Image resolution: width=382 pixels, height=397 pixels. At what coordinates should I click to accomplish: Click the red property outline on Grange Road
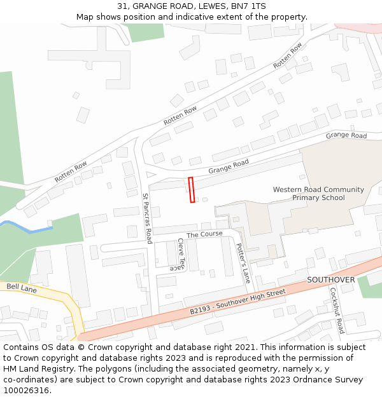point(192,190)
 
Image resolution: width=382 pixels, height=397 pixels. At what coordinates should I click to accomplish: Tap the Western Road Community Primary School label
point(318,194)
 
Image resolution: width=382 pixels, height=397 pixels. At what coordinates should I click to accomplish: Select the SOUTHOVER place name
point(331,279)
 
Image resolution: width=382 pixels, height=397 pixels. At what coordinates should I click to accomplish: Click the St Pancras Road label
point(147,219)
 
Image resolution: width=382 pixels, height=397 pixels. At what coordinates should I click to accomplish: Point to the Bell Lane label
point(21,288)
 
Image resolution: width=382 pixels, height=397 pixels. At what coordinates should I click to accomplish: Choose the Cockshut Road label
point(336,311)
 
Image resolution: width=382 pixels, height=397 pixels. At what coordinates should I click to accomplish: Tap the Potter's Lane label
point(243,262)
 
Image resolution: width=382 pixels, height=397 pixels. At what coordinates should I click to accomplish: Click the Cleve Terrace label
point(181,255)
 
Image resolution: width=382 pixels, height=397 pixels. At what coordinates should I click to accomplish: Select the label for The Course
point(204,234)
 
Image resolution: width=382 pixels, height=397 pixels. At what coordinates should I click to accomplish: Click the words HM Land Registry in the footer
point(36,368)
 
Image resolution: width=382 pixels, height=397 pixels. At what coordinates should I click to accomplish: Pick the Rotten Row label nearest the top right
point(288,57)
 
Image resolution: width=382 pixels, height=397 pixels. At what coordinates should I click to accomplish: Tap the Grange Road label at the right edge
point(346,136)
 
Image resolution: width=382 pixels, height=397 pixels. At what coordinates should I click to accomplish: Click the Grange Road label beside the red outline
point(228,166)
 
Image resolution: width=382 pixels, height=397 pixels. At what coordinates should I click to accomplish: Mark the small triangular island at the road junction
point(150,174)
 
